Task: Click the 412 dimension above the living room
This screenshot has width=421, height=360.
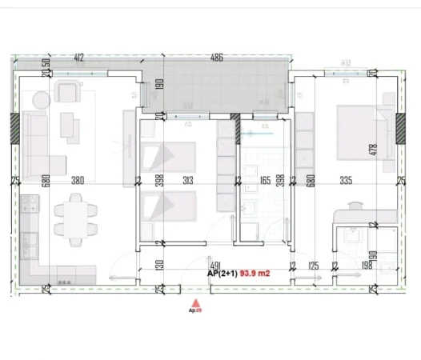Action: [x=78, y=58]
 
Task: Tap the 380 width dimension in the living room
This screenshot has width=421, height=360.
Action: [x=78, y=181]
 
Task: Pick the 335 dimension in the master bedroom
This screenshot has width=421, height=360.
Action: [x=346, y=181]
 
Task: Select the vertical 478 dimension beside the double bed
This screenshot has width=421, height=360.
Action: [x=393, y=150]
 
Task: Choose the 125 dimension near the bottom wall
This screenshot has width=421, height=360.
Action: [x=313, y=265]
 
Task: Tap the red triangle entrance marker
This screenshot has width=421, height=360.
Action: [x=193, y=301]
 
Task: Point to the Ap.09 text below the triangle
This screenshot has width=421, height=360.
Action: [x=193, y=310]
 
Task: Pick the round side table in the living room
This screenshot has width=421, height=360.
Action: [x=42, y=97]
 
